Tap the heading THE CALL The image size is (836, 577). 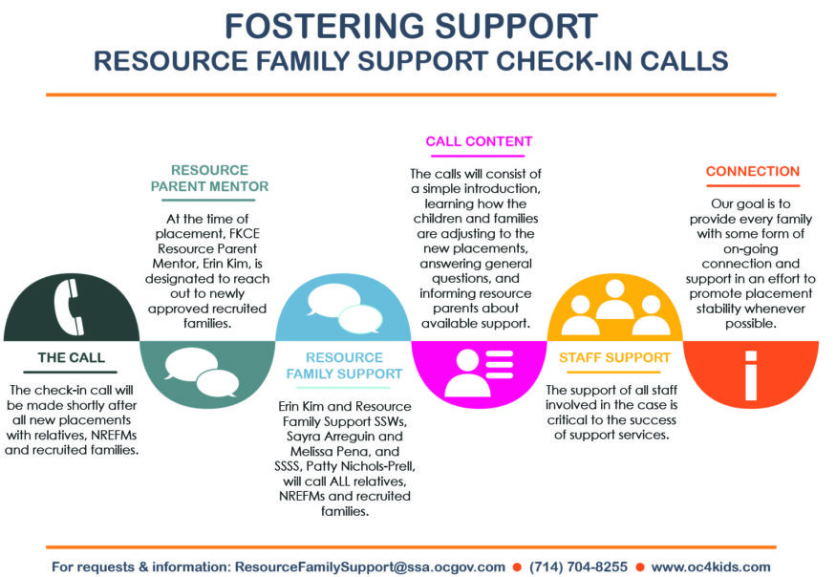pos(72,358)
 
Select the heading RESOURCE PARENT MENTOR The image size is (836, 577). pos(209,178)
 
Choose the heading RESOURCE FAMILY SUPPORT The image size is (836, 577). pos(344,365)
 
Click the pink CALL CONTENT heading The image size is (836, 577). pos(479,141)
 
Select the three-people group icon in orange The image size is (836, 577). pos(615,308)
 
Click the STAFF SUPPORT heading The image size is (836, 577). pos(615,358)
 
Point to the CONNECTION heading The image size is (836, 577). pos(752,172)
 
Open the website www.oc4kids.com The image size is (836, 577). pos(711,566)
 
